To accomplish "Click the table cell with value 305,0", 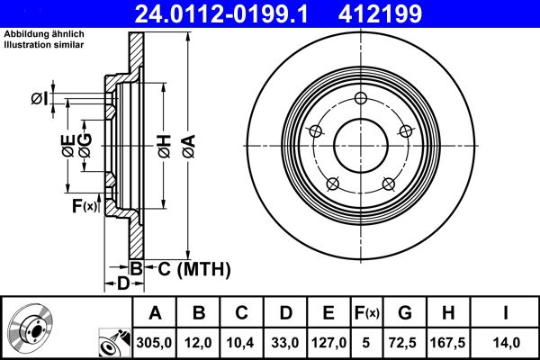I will (x=155, y=342).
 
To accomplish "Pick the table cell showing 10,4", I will (x=242, y=342).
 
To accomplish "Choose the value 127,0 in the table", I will (x=328, y=342).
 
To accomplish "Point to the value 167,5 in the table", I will (x=447, y=342).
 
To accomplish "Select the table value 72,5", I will (x=404, y=342).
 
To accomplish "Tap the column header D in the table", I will (x=285, y=313).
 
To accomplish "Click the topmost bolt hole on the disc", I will (x=360, y=99).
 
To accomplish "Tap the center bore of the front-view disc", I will (x=360, y=147).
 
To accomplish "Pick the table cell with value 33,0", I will (x=285, y=342).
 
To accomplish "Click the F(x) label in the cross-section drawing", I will (x=84, y=207).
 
